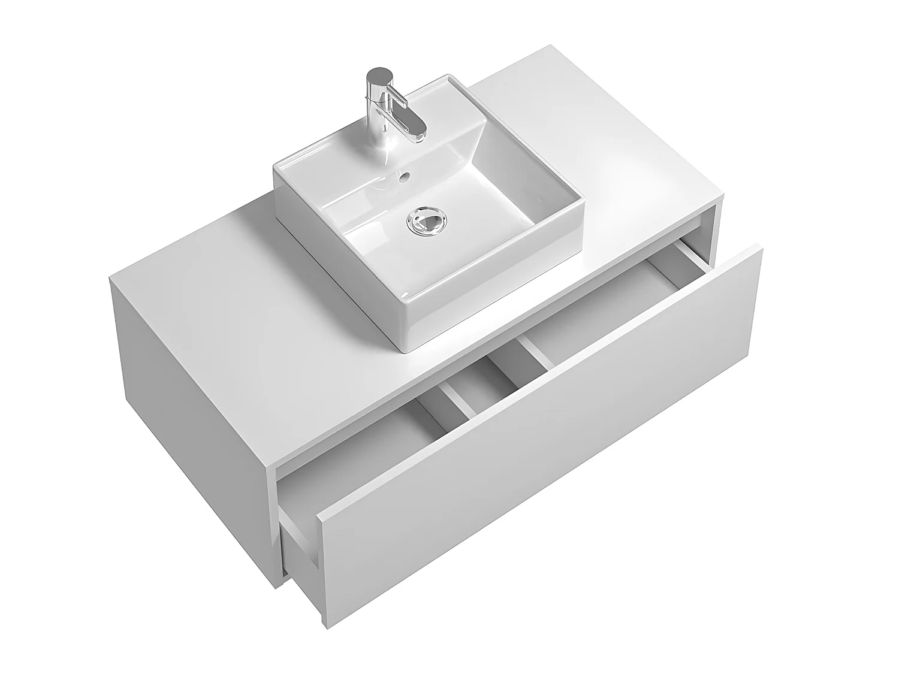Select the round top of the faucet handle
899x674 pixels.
(378, 76)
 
